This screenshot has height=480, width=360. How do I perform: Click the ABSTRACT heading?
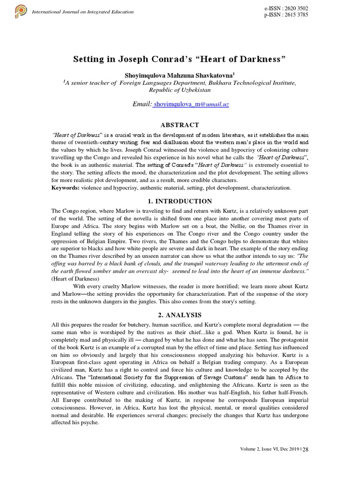pyautogui.click(x=180, y=125)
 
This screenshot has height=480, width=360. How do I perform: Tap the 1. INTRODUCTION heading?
pyautogui.click(x=180, y=202)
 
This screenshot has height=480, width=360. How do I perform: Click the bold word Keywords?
pyautogui.click(x=65, y=187)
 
